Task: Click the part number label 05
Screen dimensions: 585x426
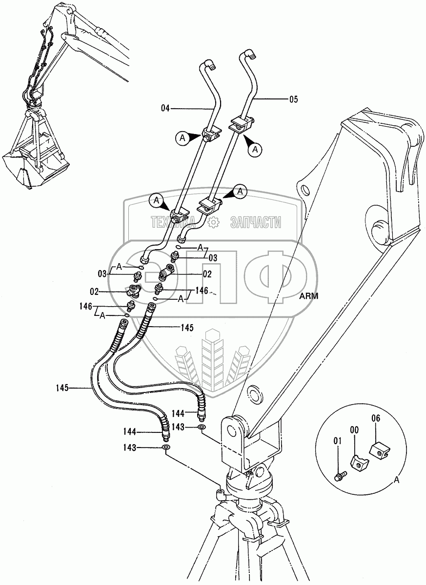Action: (293, 100)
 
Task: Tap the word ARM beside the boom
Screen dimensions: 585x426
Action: (309, 296)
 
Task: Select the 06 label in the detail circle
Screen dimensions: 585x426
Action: (375, 418)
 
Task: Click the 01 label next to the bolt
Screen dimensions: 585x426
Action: (337, 442)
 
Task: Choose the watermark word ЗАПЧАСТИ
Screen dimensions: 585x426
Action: (256, 223)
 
